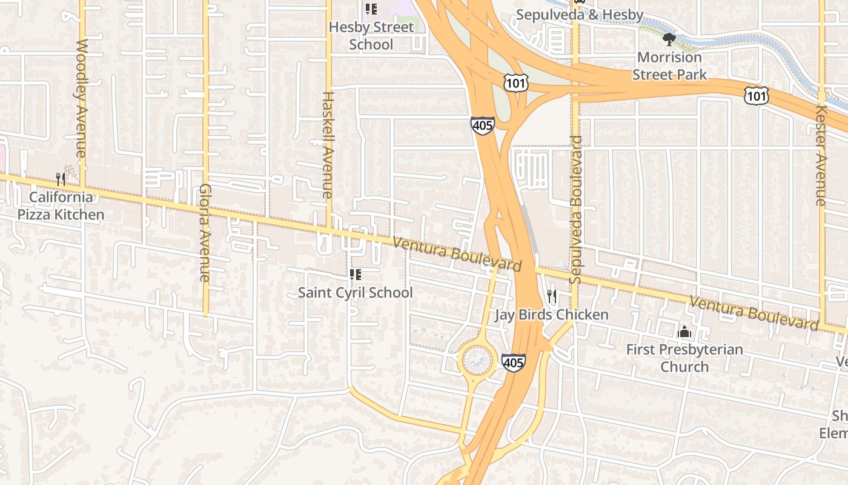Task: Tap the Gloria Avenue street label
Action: [x=204, y=232]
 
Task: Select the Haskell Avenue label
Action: [x=328, y=145]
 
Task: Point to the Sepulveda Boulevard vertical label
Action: [x=575, y=210]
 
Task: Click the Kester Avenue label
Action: [x=821, y=155]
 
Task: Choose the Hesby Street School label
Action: [x=371, y=36]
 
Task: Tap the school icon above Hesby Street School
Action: [x=371, y=9]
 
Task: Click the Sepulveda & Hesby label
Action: [x=580, y=14]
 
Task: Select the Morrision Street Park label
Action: [x=669, y=66]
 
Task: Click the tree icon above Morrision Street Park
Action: [x=669, y=40]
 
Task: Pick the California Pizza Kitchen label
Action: [x=61, y=206]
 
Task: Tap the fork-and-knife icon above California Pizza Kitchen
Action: [x=61, y=179]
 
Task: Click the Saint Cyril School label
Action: [x=355, y=293]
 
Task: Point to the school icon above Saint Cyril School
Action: [x=356, y=275]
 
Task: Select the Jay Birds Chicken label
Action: [x=551, y=315]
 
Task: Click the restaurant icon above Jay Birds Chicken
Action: [x=552, y=296]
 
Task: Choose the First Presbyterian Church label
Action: [x=684, y=358]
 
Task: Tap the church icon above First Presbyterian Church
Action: [x=684, y=332]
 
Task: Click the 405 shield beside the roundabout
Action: [x=513, y=363]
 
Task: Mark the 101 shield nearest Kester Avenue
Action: [x=757, y=95]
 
